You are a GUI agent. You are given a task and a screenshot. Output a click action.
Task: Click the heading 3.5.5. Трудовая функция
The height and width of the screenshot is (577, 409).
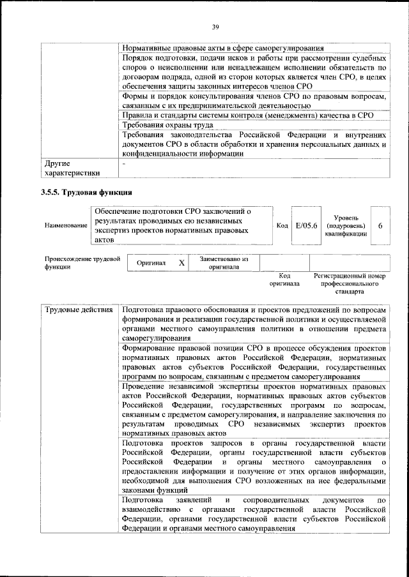(x=86, y=191)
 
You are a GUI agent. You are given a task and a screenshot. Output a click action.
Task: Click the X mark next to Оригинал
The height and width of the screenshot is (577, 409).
(x=181, y=263)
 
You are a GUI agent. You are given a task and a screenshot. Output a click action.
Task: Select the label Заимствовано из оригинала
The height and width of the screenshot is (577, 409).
(x=224, y=263)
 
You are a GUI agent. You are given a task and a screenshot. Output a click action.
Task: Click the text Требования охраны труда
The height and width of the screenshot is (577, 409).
(x=168, y=126)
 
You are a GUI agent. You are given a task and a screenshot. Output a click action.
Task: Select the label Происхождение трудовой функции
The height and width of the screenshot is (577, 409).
(x=82, y=263)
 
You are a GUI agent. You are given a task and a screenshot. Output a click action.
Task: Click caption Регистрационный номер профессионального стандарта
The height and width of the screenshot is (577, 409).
(x=350, y=283)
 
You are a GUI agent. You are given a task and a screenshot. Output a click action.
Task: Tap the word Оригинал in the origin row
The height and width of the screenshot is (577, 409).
(x=151, y=263)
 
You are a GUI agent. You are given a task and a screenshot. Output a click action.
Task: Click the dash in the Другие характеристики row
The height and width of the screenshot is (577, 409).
(x=124, y=163)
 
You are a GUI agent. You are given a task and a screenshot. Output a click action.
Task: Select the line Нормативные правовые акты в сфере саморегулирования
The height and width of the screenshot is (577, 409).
(x=222, y=48)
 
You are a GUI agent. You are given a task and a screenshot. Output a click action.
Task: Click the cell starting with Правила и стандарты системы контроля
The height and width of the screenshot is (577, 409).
(x=247, y=115)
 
